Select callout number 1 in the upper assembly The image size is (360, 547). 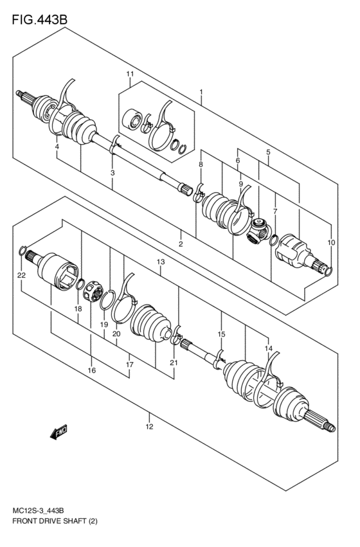point(201,93)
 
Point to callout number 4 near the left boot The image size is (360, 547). point(57,147)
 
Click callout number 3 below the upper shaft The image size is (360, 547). point(112,173)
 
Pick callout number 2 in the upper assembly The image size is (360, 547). point(181,244)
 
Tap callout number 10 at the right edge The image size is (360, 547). point(331,242)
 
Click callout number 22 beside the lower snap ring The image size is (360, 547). point(21,275)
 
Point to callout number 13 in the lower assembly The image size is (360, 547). point(160,262)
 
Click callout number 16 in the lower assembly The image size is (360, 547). point(91,370)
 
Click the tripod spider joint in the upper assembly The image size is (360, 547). point(259,231)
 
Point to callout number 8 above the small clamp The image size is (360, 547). point(201,165)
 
